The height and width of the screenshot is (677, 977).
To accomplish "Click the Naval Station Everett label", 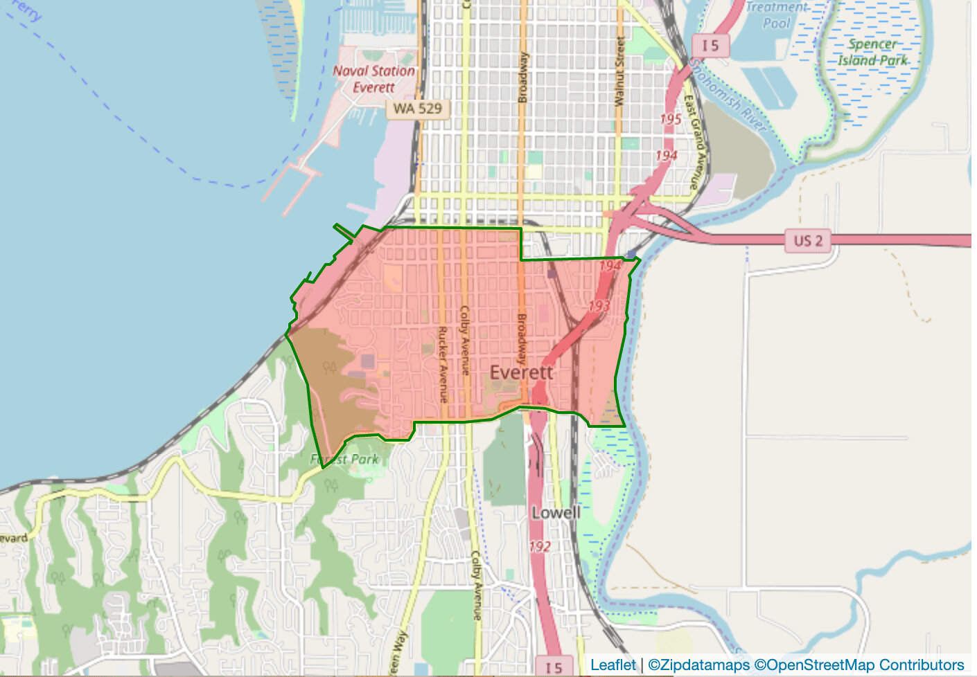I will point(373,79).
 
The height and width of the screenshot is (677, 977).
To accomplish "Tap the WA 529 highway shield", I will point(417,108).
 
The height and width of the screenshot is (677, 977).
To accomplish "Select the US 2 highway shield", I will point(808,241).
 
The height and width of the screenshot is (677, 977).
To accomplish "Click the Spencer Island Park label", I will point(872,52).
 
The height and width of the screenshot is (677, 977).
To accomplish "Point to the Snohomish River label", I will point(728,95).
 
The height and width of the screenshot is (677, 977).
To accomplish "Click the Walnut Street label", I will point(620,72).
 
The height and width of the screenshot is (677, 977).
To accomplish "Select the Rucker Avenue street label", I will point(442,364).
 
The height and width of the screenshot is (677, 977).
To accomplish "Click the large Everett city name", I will point(521,372).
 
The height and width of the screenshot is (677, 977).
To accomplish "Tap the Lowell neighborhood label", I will point(556,513).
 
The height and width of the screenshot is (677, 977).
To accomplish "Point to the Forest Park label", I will point(344,459).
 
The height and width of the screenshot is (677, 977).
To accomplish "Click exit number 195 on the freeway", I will point(671,119).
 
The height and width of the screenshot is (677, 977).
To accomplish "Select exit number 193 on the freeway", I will point(599,305).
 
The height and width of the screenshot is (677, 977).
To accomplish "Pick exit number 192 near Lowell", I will point(540,546).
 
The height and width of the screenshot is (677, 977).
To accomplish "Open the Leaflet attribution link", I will point(613,665).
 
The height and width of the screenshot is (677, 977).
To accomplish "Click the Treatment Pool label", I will point(777,15).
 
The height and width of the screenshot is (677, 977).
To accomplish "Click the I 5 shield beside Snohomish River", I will point(710,46).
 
